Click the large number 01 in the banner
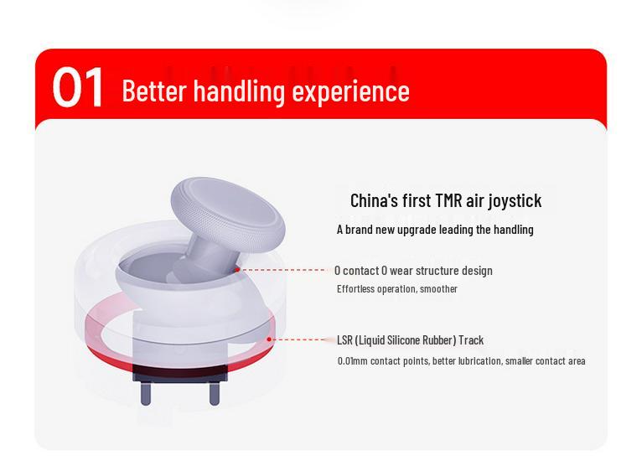[x=77, y=88]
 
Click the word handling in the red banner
[x=239, y=91]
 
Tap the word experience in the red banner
[x=351, y=92]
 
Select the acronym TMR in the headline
[x=448, y=200]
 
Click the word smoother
[x=438, y=289]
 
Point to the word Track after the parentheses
[x=471, y=340]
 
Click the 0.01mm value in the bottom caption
[x=353, y=361]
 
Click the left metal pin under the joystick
[x=146, y=393]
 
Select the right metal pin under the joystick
[x=214, y=393]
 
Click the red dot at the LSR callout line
[x=269, y=339]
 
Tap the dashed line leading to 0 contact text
[x=283, y=270]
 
